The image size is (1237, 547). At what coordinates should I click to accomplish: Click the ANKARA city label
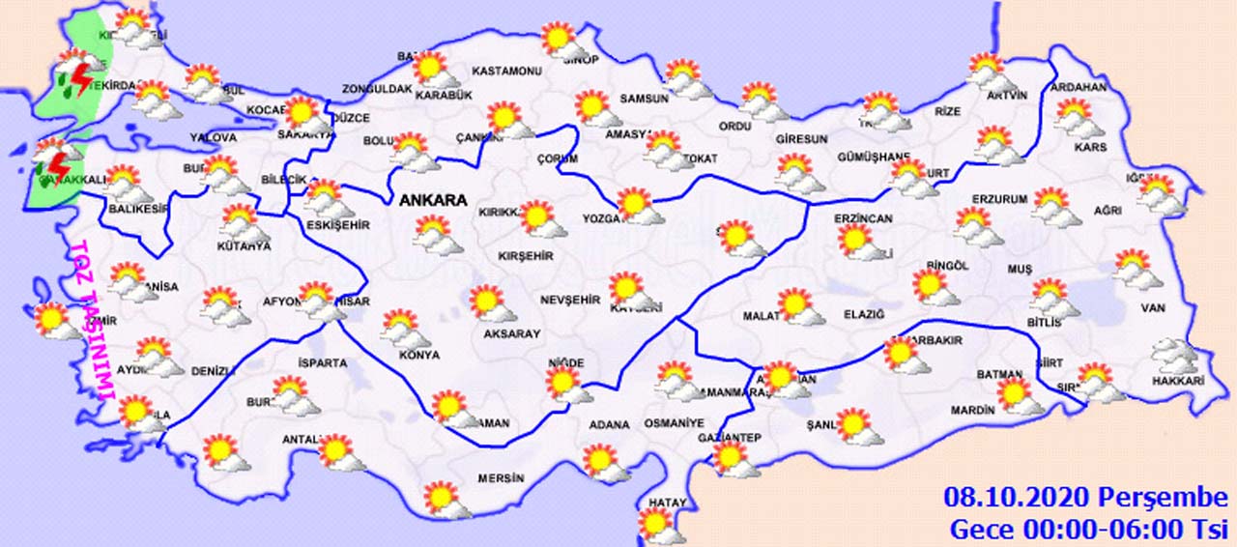[432, 201]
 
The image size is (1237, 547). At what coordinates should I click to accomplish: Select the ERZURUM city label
[999, 199]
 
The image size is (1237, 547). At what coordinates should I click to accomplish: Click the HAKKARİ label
[1178, 382]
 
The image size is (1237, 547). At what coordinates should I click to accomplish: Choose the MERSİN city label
[501, 478]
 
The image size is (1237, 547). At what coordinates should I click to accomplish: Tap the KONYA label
[418, 355]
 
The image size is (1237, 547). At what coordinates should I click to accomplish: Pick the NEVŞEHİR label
[570, 300]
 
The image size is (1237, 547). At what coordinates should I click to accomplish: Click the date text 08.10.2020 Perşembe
[1085, 499]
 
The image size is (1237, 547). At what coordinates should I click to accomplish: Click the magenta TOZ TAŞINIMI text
[92, 320]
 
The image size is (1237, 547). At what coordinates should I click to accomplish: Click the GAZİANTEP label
[730, 438]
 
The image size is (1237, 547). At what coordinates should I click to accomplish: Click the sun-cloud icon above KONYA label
[404, 329]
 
